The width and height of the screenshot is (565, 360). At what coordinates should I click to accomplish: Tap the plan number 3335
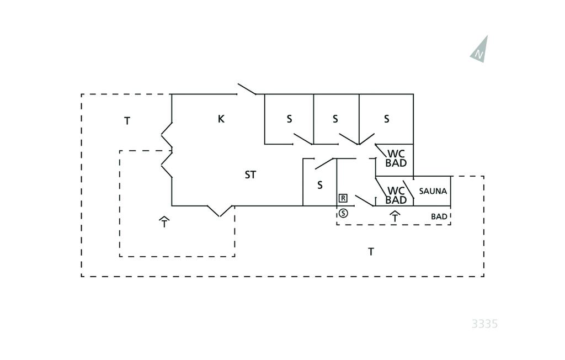pyautogui.click(x=484, y=324)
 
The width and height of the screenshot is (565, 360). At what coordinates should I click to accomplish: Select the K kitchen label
pyautogui.click(x=221, y=119)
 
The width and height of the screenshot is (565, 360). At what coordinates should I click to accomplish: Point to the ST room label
pyautogui.click(x=250, y=175)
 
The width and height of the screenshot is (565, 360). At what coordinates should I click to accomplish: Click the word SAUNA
pyautogui.click(x=433, y=191)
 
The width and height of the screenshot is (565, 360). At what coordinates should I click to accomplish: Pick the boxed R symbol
pyautogui.click(x=343, y=198)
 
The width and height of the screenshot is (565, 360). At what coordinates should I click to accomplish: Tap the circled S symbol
pyautogui.click(x=343, y=213)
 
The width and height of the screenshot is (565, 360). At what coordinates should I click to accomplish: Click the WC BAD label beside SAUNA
pyautogui.click(x=396, y=195)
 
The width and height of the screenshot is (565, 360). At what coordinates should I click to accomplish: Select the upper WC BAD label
pyautogui.click(x=396, y=158)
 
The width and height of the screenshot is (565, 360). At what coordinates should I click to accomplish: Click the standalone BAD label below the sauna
pyautogui.click(x=439, y=216)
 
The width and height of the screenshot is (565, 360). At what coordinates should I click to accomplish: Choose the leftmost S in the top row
pyautogui.click(x=289, y=119)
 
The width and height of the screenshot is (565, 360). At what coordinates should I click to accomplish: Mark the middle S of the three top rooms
pyautogui.click(x=335, y=119)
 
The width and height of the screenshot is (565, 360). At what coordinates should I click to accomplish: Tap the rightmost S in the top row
pyautogui.click(x=387, y=119)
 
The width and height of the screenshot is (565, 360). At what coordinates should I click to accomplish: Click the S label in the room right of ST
pyautogui.click(x=320, y=186)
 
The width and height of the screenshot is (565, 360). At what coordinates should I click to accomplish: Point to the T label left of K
pyautogui.click(x=127, y=121)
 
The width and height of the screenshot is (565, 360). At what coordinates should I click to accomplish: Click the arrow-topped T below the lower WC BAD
pyautogui.click(x=395, y=216)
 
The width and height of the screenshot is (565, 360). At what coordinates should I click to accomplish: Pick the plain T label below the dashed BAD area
pyautogui.click(x=371, y=252)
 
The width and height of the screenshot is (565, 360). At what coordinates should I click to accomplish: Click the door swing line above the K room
pyautogui.click(x=247, y=89)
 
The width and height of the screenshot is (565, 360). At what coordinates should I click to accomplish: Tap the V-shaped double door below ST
pyautogui.click(x=220, y=211)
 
